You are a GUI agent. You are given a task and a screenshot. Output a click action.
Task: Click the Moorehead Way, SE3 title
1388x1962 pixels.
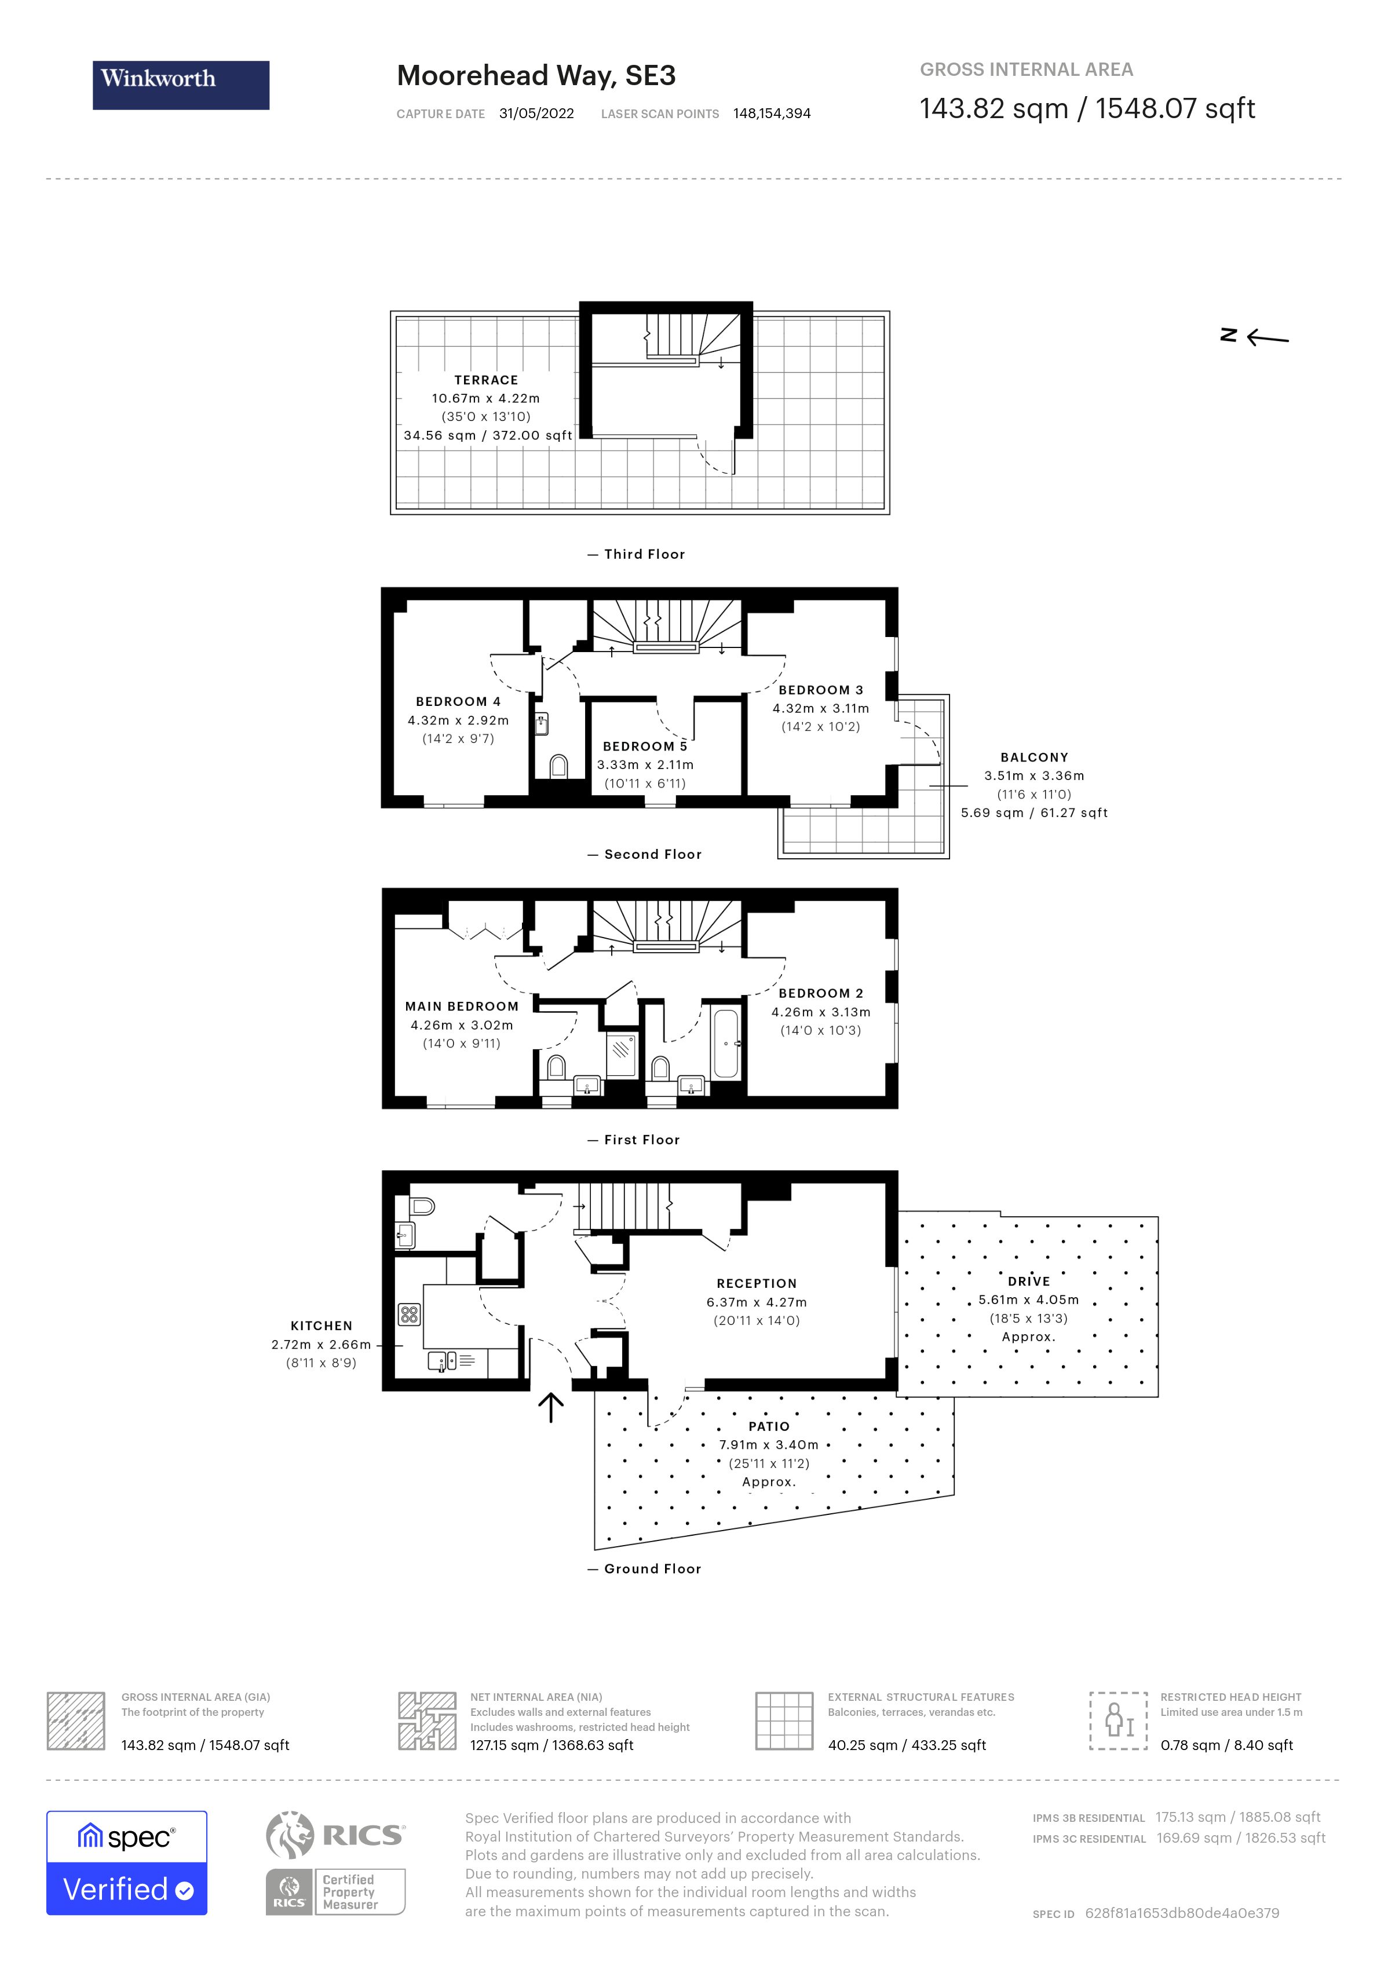point(536,76)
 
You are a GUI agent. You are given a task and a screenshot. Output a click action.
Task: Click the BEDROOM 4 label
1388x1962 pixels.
point(458,701)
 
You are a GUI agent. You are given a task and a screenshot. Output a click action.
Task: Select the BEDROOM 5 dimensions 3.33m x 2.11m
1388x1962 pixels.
point(645,765)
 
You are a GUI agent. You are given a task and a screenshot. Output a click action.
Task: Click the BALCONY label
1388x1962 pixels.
point(1034,757)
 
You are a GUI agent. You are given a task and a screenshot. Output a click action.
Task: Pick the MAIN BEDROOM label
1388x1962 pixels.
point(462,1006)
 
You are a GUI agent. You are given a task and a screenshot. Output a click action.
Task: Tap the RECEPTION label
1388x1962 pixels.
point(757,1283)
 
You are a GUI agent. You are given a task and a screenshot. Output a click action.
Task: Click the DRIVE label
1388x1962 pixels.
point(1028,1281)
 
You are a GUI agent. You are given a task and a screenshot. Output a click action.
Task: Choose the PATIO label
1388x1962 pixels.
point(768,1426)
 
